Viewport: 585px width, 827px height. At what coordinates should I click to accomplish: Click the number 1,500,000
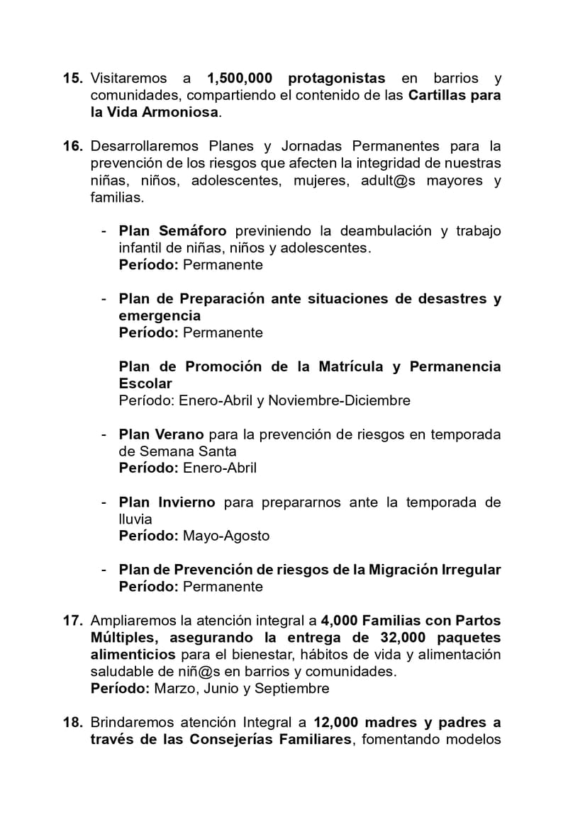(x=239, y=78)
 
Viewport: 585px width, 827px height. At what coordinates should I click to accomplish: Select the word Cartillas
(x=439, y=95)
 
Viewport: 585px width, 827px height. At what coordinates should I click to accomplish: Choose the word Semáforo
(x=193, y=231)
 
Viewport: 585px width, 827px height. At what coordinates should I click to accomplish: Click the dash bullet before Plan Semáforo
(x=104, y=231)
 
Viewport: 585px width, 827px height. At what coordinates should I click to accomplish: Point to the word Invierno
(x=186, y=502)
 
